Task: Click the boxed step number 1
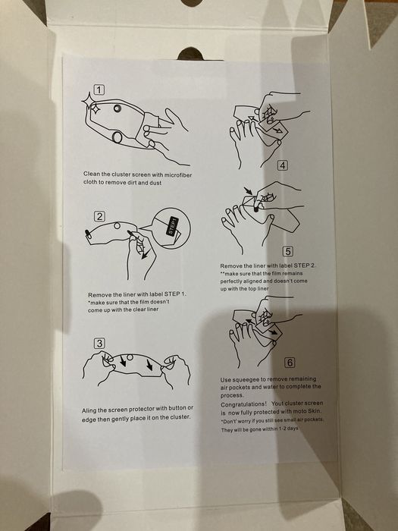pyautogui.click(x=99, y=90)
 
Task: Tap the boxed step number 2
pyautogui.click(x=99, y=216)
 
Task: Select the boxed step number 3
pyautogui.click(x=99, y=344)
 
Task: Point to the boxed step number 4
pyautogui.click(x=283, y=165)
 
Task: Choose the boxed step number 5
pyautogui.click(x=287, y=251)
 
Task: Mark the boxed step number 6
pyautogui.click(x=290, y=363)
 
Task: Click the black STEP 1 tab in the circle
pyautogui.click(x=173, y=225)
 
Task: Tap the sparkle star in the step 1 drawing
pyautogui.click(x=91, y=104)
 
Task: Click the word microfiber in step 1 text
pyautogui.click(x=178, y=174)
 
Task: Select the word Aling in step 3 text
pyautogui.click(x=89, y=411)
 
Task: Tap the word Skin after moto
pyautogui.click(x=315, y=411)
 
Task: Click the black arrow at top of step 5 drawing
pyautogui.click(x=248, y=191)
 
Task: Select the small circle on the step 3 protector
pyautogui.click(x=130, y=357)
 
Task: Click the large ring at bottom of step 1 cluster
pyautogui.click(x=117, y=137)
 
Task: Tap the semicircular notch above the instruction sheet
pyautogui.click(x=190, y=54)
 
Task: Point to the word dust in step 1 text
pyautogui.click(x=155, y=183)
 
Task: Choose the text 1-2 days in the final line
pyautogui.click(x=289, y=429)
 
